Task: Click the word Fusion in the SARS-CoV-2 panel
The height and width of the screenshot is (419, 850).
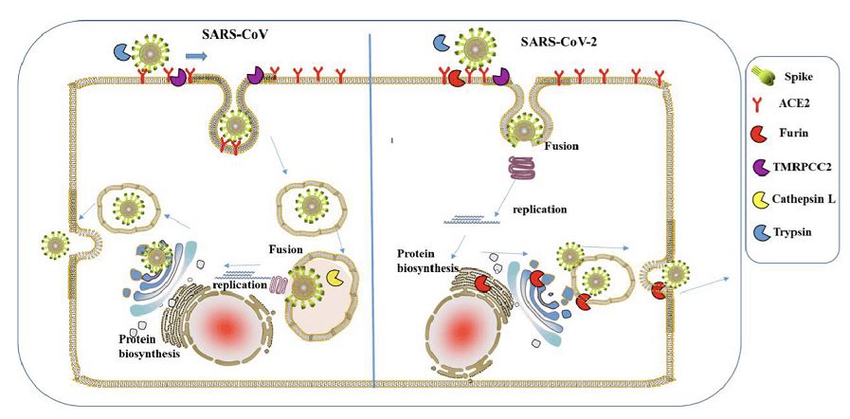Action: coord(562,146)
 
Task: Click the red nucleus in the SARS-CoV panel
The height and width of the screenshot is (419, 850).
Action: coord(226,327)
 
